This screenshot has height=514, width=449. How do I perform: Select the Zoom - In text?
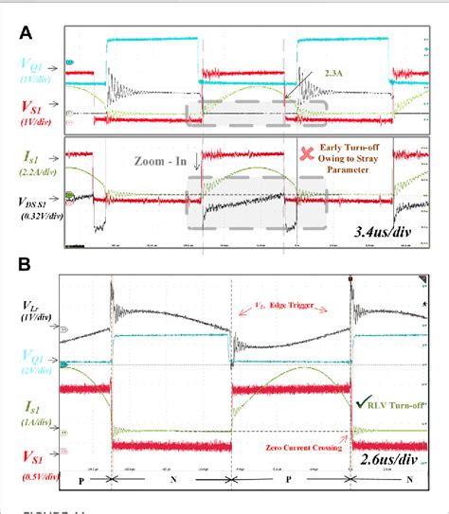[163, 162]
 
